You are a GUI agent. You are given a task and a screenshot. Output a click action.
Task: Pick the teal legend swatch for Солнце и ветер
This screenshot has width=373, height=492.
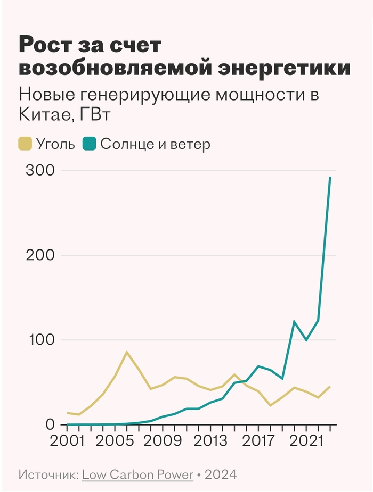(x=88, y=144)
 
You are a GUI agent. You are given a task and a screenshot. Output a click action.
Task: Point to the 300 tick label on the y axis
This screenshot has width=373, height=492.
(x=39, y=171)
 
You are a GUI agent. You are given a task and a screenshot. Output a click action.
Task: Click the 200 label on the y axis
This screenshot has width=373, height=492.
(x=39, y=255)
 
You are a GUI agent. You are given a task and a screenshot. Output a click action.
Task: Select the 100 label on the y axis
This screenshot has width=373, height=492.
(x=39, y=340)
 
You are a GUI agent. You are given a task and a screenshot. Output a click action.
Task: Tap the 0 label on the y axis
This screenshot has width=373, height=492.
(x=50, y=424)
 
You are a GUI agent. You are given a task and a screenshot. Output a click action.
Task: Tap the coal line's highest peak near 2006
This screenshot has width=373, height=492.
(x=127, y=352)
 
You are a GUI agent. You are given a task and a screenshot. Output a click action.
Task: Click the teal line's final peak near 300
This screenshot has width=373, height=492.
(x=330, y=177)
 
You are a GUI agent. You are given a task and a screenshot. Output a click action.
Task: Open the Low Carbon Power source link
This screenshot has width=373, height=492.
(x=137, y=474)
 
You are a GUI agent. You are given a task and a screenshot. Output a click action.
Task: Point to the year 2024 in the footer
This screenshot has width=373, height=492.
(x=220, y=474)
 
